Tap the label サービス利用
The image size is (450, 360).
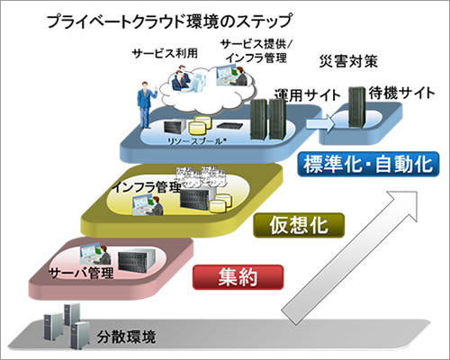(x=157, y=52)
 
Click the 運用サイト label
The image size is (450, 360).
(x=305, y=93)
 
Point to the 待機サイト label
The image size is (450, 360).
(x=395, y=93)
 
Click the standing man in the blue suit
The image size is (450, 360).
(x=142, y=100)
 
